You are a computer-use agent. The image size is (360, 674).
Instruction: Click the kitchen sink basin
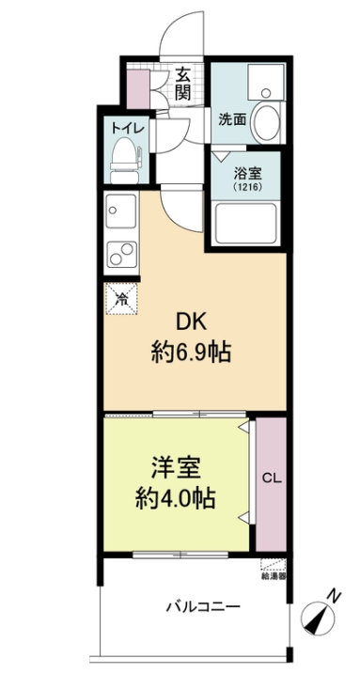coord(119,209)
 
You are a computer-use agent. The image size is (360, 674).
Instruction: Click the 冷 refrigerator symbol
coord(121,300)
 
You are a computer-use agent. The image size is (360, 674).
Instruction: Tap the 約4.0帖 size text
coord(177,498)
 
